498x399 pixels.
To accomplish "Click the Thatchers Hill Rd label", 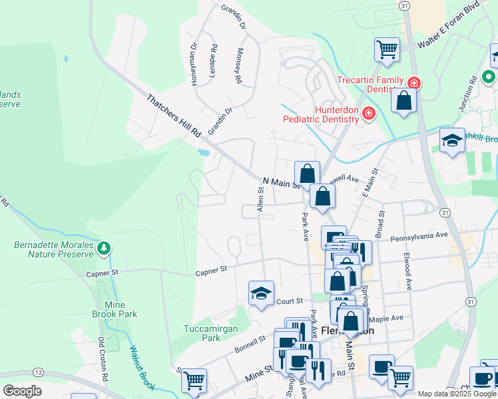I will (x=174, y=116).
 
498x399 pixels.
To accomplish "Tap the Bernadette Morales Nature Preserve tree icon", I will (x=103, y=249).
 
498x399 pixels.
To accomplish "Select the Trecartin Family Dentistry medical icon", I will (x=413, y=82).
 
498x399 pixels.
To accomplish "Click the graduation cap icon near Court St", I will (x=261, y=293).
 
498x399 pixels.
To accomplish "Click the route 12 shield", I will (x=39, y=372).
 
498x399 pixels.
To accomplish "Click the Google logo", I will (x=23, y=391).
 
